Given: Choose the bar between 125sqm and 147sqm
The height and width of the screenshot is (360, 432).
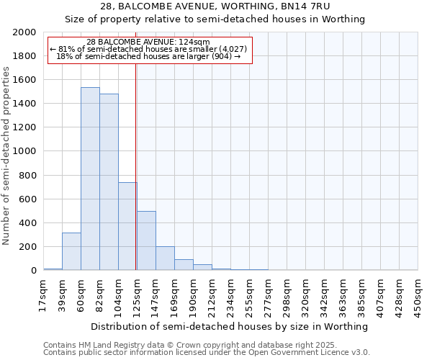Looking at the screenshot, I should click(x=146, y=240).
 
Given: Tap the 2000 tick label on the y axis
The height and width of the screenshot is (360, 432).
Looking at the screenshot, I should click(x=25, y=32).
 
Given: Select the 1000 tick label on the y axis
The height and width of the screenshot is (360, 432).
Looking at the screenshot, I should click(x=25, y=151).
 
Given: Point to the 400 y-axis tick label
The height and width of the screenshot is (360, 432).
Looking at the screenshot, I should click(x=28, y=222).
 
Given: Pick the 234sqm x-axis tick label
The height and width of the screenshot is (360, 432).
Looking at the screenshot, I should click(x=230, y=293).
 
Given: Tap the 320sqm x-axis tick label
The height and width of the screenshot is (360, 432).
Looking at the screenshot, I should click(x=305, y=293).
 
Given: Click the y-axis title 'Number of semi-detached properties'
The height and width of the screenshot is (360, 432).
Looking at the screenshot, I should click(x=7, y=156).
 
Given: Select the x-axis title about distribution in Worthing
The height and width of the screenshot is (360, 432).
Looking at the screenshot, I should click(x=230, y=326).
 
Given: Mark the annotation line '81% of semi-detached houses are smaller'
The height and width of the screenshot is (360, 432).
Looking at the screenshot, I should click(x=149, y=49).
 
